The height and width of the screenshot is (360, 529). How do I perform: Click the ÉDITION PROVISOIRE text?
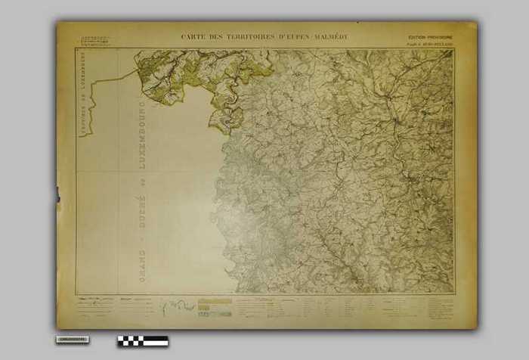point(431,36)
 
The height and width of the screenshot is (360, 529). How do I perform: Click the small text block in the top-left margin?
point(94,39)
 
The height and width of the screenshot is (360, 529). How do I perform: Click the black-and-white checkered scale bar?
point(142,341)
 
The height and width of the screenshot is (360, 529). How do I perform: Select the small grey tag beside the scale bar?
point(72,340)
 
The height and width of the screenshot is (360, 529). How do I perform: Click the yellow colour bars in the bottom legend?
point(214,306)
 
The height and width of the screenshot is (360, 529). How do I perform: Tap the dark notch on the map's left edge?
point(57,194)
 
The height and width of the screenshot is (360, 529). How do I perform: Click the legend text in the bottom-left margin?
point(94,306)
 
